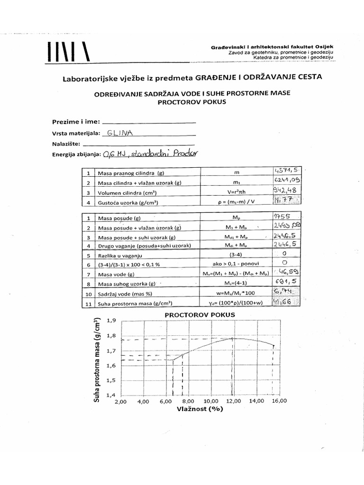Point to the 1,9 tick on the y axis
click(112, 320)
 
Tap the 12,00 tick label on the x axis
click(232, 402)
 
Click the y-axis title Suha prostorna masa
click(97, 360)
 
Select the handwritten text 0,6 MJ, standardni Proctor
click(152, 153)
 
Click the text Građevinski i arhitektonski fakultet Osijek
click(272, 47)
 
